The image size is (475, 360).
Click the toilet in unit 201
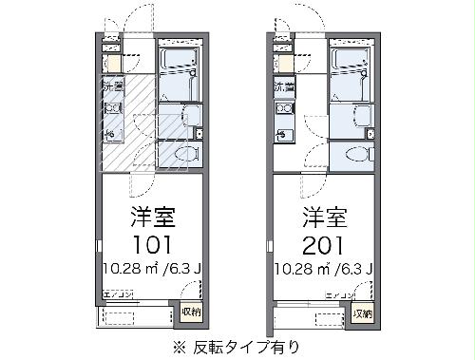pos(359,153)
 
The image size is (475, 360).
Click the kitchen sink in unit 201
pos(284,134)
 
